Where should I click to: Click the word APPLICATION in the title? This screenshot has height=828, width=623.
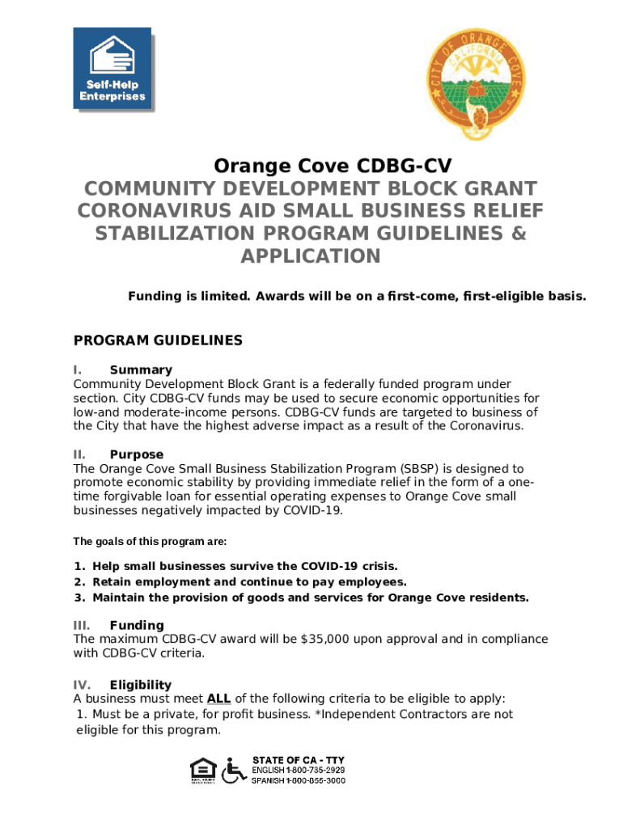pyautogui.click(x=311, y=256)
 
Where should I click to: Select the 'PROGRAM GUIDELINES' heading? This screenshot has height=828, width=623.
pyautogui.click(x=158, y=340)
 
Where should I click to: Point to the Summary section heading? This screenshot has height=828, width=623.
pyautogui.click(x=141, y=370)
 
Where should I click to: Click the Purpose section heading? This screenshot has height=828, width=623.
pyautogui.click(x=136, y=454)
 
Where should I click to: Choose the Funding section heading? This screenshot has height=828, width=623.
pyautogui.click(x=137, y=625)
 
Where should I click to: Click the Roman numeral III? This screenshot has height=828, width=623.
pyautogui.click(x=82, y=625)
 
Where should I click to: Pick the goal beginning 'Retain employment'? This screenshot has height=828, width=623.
pyautogui.click(x=249, y=581)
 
